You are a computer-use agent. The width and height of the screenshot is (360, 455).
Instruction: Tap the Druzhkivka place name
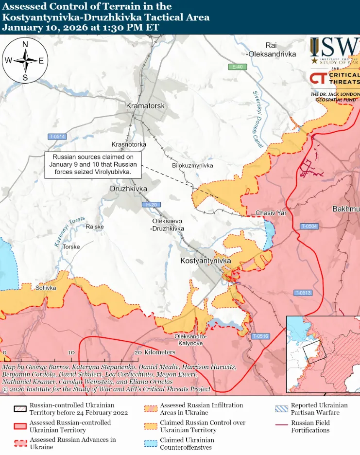(x=128, y=189)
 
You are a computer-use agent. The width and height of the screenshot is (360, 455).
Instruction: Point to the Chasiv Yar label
(x=271, y=213)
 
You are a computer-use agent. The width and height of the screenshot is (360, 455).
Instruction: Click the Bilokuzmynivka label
(x=192, y=166)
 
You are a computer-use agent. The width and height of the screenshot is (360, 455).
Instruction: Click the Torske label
(x=71, y=247)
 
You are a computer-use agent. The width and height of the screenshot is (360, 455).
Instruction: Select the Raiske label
(x=95, y=227)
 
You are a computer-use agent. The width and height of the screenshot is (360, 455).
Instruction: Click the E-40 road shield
(x=237, y=67)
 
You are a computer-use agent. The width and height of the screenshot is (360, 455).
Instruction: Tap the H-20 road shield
(x=151, y=205)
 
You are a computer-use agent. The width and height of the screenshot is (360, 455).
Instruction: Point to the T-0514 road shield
(x=57, y=137)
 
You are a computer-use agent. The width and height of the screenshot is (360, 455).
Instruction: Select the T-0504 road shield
(x=309, y=226)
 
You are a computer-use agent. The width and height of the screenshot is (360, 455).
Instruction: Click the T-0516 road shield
(x=260, y=336)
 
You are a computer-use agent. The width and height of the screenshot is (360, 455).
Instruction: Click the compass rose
(x=25, y=61)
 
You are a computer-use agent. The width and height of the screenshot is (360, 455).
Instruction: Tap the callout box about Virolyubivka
(x=93, y=165)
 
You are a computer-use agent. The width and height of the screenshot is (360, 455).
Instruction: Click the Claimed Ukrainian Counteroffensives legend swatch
(x=152, y=443)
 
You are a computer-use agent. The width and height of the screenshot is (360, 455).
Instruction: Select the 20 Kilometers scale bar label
(x=154, y=352)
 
